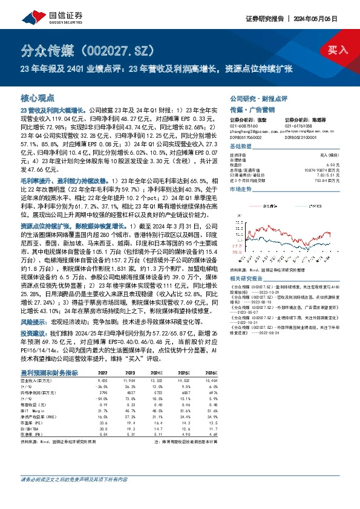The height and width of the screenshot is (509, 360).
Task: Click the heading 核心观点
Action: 38,97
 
